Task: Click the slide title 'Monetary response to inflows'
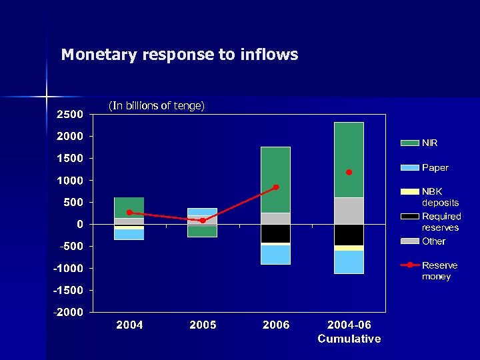(x=179, y=55)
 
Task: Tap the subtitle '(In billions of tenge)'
(x=156, y=105)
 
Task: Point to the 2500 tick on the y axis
(x=69, y=114)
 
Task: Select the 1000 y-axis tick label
(x=69, y=180)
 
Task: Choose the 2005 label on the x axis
(x=203, y=325)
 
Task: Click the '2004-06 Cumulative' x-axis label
(x=349, y=331)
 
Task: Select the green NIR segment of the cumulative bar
(x=349, y=160)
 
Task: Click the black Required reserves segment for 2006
(x=275, y=233)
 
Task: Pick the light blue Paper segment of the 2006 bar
(x=275, y=255)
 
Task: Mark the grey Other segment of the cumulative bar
(x=349, y=211)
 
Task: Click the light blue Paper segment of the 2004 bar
(x=129, y=234)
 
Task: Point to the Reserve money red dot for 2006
(x=276, y=187)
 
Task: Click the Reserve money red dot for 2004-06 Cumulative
(x=349, y=172)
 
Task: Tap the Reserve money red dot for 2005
(x=203, y=221)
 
